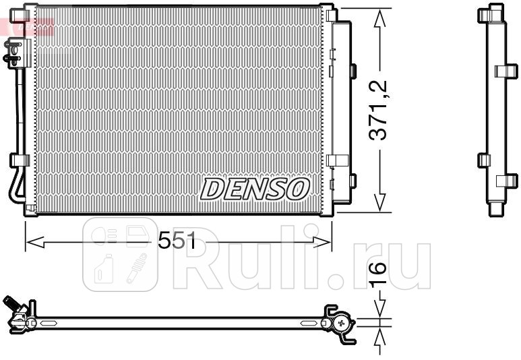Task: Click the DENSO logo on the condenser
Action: pyautogui.click(x=254, y=189)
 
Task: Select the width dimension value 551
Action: pyautogui.click(x=177, y=240)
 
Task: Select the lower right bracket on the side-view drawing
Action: pyautogui.click(x=505, y=181)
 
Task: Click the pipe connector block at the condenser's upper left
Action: pyautogui.click(x=13, y=51)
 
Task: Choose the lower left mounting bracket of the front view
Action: pyautogui.click(x=18, y=160)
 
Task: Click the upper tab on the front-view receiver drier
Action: pyautogui.click(x=351, y=71)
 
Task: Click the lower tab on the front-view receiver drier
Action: pyautogui.click(x=351, y=180)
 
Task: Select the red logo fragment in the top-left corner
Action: pyautogui.click(x=27, y=27)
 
